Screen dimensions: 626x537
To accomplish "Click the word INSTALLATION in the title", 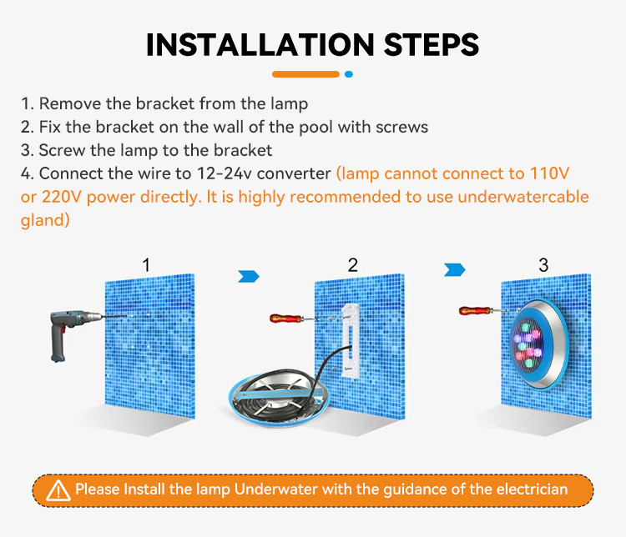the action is point(260,44).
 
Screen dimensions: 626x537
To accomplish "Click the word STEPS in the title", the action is point(432,44).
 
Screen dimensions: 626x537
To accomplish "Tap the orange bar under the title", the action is point(305,74).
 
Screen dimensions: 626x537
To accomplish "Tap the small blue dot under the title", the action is point(349,74).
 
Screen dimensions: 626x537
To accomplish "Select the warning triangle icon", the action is point(58,490).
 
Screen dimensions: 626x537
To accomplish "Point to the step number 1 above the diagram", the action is point(147,265).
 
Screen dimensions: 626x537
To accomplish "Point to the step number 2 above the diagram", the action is point(352,265).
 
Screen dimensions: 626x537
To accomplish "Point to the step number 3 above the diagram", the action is point(543,265).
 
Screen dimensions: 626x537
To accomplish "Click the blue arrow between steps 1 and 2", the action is point(249,276).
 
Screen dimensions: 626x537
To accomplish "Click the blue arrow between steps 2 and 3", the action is point(455,269).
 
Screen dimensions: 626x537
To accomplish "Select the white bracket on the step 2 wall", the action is point(351,340).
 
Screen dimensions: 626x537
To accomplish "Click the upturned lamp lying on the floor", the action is point(280,397).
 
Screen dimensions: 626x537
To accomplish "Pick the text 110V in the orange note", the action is point(549,173).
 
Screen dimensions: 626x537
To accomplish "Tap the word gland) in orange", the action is point(45,220).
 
